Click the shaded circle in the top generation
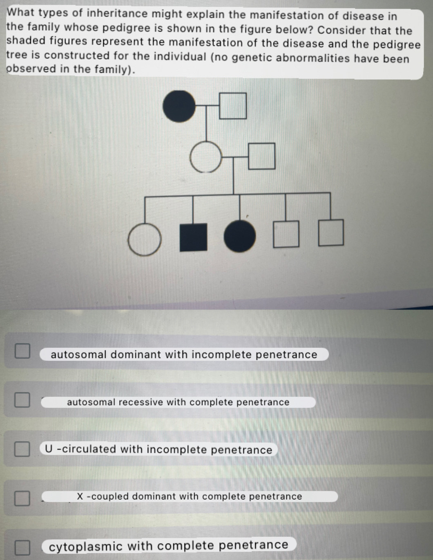[x=179, y=106]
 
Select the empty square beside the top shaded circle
[x=232, y=106]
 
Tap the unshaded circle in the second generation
[x=206, y=157]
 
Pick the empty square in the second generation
[x=261, y=156]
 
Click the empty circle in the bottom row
[x=145, y=240]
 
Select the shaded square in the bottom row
[x=193, y=237]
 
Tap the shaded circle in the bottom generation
[x=240, y=236]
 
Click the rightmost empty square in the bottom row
[x=331, y=233]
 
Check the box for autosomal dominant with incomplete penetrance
[x=22, y=351]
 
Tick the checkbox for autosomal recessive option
[x=22, y=400]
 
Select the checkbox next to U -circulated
[x=22, y=449]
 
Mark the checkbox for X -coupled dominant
[x=22, y=498]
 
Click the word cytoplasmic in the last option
[x=86, y=547]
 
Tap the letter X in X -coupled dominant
[x=80, y=496]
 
